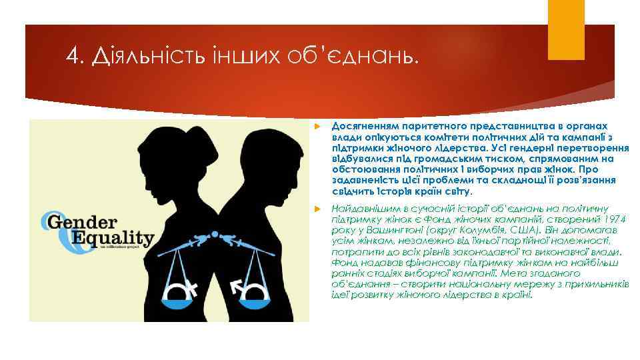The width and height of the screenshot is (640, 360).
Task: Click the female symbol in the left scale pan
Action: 186,289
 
